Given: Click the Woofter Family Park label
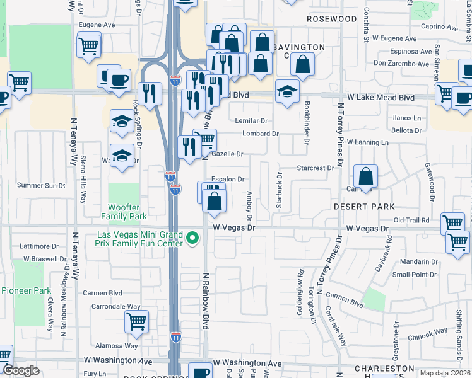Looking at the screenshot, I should [124, 212].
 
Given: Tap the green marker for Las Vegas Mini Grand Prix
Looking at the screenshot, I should [193, 239].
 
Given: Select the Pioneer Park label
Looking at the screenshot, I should [26, 290].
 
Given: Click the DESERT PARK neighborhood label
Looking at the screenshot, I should [364, 207].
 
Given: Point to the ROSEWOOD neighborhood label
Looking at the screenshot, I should [331, 19].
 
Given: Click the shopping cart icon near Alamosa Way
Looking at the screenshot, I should [136, 322].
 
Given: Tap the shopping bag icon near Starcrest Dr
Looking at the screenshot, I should [365, 177].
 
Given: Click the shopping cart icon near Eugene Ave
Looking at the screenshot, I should [88, 45].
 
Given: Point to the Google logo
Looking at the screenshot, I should [21, 370].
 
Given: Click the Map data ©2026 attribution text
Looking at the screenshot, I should [445, 373].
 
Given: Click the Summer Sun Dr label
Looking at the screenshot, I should [41, 185].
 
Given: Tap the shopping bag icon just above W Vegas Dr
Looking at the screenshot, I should [215, 202].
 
